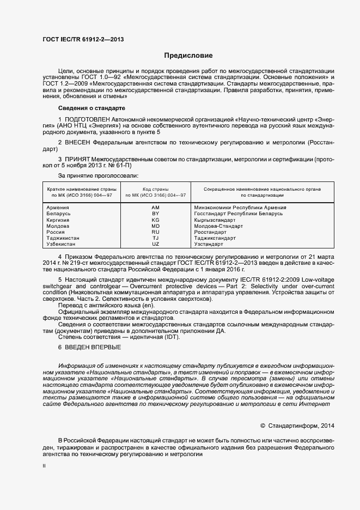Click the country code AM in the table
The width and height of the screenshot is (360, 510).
155,208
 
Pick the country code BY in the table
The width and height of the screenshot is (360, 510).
155,214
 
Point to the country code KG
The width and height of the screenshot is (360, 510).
155,220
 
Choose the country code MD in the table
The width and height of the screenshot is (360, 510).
155,226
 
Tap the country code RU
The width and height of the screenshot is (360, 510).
155,232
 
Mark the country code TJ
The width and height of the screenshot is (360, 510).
155,238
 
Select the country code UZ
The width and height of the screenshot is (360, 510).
155,244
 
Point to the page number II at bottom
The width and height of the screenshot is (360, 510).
44,466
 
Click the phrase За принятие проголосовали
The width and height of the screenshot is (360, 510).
97,175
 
